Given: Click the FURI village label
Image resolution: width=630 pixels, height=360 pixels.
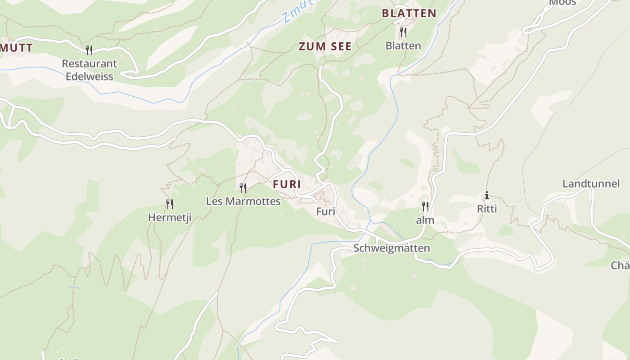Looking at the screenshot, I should [287, 184].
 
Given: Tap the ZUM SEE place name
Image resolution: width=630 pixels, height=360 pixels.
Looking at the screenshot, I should [325, 46].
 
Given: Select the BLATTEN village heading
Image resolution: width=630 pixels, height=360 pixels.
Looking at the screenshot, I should [409, 13].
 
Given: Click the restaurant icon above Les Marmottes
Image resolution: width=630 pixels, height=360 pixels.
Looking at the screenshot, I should [243, 188].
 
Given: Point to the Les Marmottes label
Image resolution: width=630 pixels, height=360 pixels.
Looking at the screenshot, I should [243, 201].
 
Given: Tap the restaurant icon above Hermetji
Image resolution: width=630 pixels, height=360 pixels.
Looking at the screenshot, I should [170, 204].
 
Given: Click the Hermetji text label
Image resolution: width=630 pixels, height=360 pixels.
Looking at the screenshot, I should [170, 218].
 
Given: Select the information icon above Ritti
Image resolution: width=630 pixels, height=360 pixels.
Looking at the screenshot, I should [486, 196].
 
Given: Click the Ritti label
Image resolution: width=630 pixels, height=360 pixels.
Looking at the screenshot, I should [486, 209].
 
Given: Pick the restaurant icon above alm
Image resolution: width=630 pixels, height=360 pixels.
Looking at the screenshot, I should [425, 207].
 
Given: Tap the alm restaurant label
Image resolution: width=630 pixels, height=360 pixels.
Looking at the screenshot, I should [425, 220].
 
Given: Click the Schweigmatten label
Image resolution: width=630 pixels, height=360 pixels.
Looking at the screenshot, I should [391, 248].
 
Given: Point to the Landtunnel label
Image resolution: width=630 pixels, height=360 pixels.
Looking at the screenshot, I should [591, 184].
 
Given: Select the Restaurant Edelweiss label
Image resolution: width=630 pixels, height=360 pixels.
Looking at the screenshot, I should [90, 70].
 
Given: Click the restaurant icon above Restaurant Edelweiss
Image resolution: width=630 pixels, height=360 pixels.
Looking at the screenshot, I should [89, 50].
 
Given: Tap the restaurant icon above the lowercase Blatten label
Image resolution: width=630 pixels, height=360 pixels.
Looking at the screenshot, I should [403, 32].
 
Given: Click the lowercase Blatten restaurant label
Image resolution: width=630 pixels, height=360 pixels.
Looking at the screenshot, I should [403, 45].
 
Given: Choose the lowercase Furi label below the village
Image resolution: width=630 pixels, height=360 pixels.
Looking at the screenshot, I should [326, 211].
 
